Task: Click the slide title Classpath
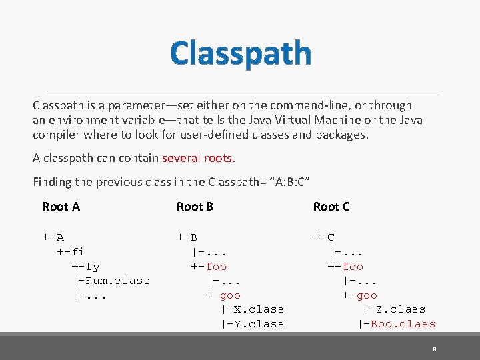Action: point(240,53)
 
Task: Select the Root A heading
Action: point(61,207)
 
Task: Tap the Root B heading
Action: point(195,207)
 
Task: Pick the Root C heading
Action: point(331,207)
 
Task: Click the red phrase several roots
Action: point(198,159)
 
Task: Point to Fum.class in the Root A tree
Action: point(115,281)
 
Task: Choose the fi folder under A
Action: point(77,252)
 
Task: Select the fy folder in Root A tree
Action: point(93,267)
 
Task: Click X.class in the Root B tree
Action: point(256,309)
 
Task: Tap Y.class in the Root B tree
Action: point(256,324)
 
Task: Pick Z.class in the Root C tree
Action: point(397,309)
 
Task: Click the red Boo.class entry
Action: point(402,324)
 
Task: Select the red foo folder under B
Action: point(217,267)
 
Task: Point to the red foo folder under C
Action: point(353,267)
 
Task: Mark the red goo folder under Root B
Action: point(230,295)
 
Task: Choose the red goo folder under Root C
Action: point(366,295)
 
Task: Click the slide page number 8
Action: point(434,349)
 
